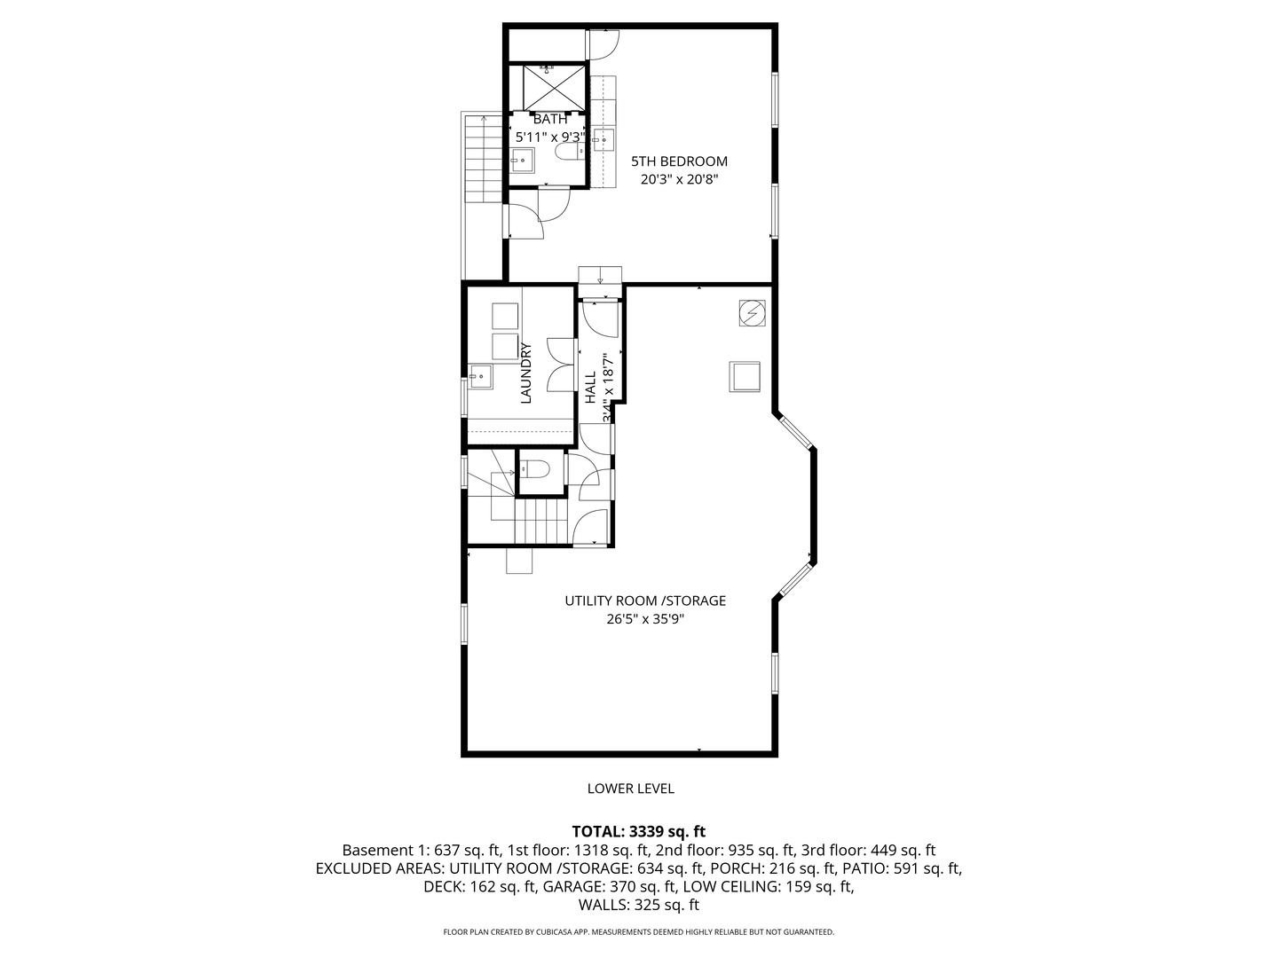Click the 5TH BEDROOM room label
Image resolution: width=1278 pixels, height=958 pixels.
(679, 161)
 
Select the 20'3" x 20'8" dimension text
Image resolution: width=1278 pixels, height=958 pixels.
(679, 179)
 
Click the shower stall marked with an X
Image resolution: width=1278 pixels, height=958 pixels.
(554, 87)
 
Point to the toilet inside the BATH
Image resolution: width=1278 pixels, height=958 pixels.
(568, 153)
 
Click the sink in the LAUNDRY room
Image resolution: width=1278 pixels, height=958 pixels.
(481, 376)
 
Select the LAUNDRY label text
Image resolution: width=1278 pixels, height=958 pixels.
(525, 373)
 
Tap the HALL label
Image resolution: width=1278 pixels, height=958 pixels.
(591, 387)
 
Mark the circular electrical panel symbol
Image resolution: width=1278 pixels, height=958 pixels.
(751, 314)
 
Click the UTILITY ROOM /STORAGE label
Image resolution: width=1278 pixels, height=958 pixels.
(645, 601)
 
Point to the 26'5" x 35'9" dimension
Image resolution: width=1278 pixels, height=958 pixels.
(645, 619)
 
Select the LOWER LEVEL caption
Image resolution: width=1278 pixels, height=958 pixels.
(630, 789)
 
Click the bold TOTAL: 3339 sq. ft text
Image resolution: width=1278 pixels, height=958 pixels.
(638, 831)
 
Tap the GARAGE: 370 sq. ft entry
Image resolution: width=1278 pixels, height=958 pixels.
(611, 886)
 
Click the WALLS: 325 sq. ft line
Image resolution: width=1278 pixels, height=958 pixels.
(638, 905)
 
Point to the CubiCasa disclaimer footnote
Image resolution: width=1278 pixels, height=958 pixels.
(638, 932)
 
